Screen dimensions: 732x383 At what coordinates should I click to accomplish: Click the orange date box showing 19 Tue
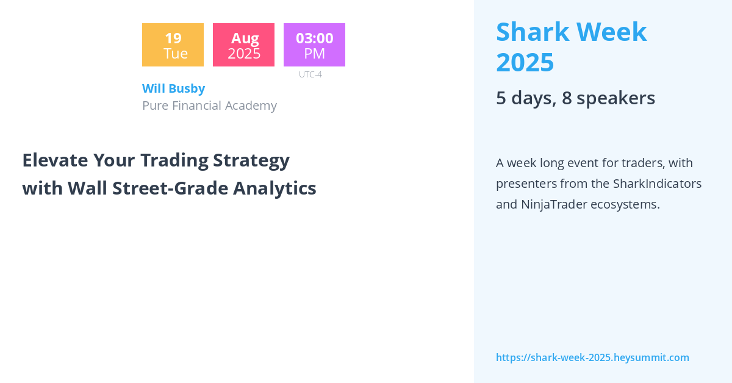click(173, 45)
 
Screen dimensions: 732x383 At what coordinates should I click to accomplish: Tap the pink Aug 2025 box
click(244, 45)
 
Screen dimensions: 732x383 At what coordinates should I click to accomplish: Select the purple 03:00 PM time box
click(314, 45)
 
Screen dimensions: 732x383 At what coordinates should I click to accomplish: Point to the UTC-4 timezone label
click(310, 74)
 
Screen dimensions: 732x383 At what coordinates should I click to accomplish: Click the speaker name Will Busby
click(173, 88)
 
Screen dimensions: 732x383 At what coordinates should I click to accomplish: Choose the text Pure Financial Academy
click(209, 106)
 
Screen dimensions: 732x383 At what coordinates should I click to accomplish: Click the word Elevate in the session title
click(56, 160)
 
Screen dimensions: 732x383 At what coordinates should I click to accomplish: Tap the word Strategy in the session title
click(251, 161)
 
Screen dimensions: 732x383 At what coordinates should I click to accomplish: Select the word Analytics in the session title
click(274, 188)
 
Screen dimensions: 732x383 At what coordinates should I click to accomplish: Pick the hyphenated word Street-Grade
click(170, 188)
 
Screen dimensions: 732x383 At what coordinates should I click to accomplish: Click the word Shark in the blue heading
click(533, 32)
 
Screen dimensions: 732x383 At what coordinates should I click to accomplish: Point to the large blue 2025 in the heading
click(525, 62)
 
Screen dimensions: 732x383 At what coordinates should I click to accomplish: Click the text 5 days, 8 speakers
click(575, 98)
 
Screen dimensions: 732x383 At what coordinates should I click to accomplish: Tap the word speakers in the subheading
click(615, 98)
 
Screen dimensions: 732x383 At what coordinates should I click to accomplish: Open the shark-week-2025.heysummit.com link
click(592, 357)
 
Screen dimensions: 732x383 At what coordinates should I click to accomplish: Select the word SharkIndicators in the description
click(657, 184)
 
